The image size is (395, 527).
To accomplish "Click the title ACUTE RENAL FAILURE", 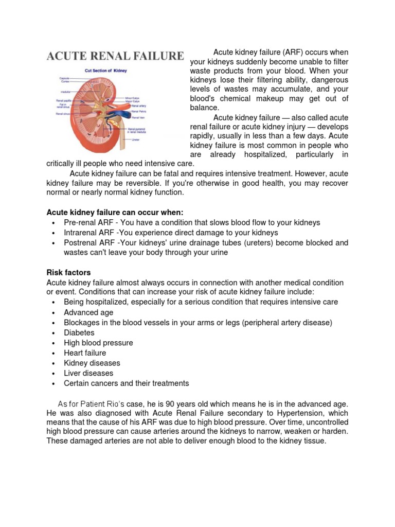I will [x=115, y=56].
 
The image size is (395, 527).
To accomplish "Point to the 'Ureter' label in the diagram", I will [x=136, y=139].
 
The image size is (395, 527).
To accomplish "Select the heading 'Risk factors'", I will [x=68, y=272].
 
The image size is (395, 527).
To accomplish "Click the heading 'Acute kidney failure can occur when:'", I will [x=115, y=213].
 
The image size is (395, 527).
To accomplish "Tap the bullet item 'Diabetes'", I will [x=79, y=333].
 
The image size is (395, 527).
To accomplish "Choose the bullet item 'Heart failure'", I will [x=85, y=353].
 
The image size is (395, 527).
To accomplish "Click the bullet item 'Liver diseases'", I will [x=88, y=373].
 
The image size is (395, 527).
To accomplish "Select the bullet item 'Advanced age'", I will [x=88, y=312].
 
